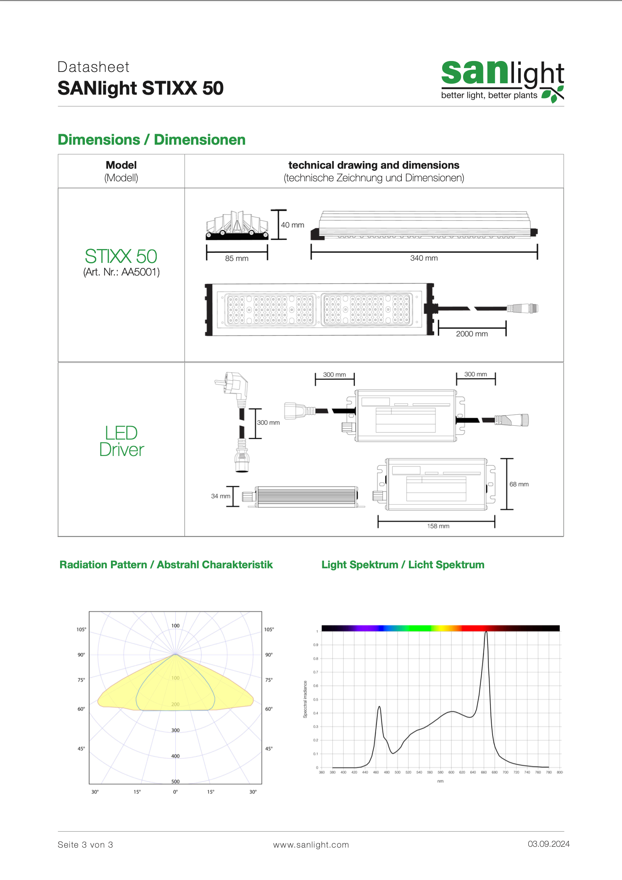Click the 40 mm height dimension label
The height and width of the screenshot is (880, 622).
click(x=293, y=225)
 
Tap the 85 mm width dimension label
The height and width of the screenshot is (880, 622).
click(x=237, y=258)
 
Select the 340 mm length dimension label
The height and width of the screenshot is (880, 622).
click(x=424, y=258)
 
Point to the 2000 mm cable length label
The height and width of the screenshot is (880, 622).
click(x=472, y=334)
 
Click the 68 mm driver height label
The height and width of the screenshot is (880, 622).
click(x=519, y=484)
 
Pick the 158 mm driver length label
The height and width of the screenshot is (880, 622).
click(x=438, y=526)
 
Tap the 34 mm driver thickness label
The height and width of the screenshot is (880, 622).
click(x=220, y=496)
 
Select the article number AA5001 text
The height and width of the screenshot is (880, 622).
click(x=121, y=272)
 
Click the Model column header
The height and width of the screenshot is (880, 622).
click(x=121, y=165)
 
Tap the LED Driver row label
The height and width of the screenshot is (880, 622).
click(x=121, y=441)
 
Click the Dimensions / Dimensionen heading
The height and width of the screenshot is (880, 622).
click(x=151, y=140)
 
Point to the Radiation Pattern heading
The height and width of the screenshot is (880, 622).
click(x=166, y=565)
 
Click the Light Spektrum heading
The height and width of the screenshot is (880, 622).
click(x=403, y=565)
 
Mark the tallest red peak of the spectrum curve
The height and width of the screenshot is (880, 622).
click(x=486, y=633)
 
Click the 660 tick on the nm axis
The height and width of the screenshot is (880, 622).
click(x=484, y=772)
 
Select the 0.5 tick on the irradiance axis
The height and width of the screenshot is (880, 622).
click(x=316, y=700)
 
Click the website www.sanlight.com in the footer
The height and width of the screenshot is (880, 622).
click(x=311, y=845)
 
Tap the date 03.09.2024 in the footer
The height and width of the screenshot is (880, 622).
click(x=548, y=844)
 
